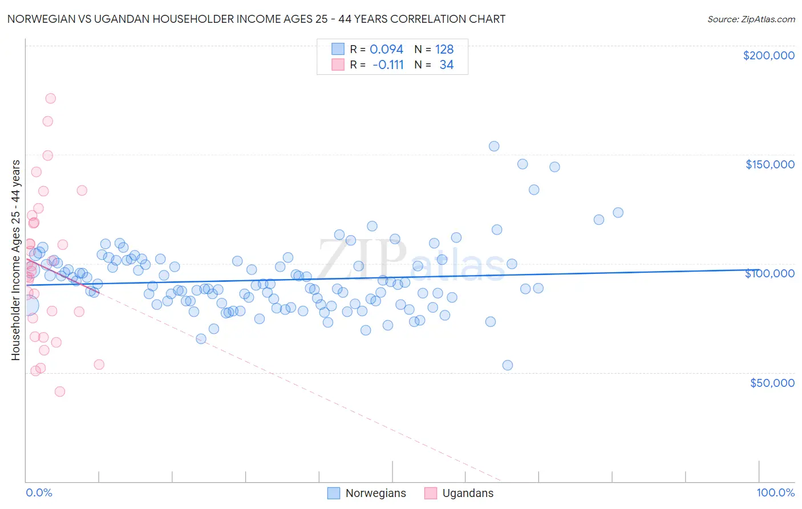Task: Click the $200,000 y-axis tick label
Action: point(768,55)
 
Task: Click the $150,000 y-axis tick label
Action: point(769,164)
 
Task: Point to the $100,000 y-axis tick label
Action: point(769,273)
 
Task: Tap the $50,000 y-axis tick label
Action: point(772,382)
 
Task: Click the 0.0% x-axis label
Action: point(39,492)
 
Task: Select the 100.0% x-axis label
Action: point(775,492)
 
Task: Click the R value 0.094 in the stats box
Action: point(386,49)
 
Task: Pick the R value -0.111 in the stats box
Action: point(388,64)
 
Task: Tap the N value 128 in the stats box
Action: point(444,49)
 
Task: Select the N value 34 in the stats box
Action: point(446,64)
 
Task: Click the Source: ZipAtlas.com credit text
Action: point(751,19)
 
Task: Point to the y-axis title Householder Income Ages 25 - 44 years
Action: point(15,260)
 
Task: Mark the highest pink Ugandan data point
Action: point(50,98)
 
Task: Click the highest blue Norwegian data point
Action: point(494,146)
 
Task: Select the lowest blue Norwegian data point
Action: point(508,365)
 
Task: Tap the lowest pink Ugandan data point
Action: point(60,391)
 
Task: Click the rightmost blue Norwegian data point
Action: point(618,212)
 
